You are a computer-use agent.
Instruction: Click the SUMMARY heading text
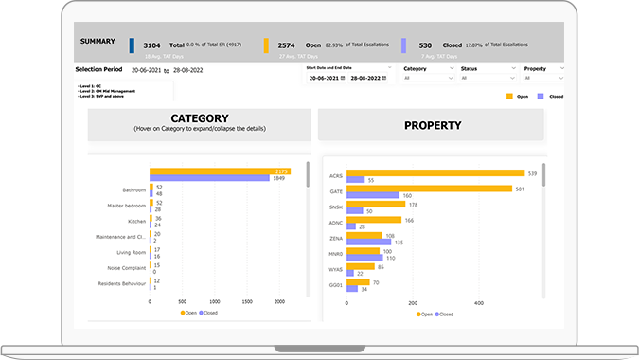[98, 41]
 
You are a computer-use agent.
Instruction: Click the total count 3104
[151, 45]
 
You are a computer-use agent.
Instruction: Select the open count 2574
[288, 45]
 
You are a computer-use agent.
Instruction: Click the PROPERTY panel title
[433, 124]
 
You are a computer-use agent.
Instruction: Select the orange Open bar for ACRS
[435, 172]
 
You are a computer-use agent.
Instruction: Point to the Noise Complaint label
[120, 268]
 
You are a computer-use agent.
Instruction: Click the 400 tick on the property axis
[478, 303]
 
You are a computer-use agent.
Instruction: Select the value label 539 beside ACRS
[532, 172]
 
